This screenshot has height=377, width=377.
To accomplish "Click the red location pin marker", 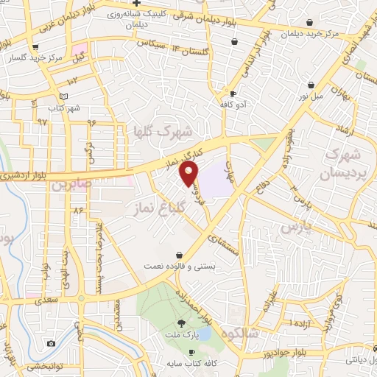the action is coord(189,173).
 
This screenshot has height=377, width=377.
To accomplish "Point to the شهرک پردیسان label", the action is coord(340,166).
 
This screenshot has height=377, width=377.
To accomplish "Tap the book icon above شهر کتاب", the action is coord(63,96).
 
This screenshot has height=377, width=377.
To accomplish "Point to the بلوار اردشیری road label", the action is coord(21,176).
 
